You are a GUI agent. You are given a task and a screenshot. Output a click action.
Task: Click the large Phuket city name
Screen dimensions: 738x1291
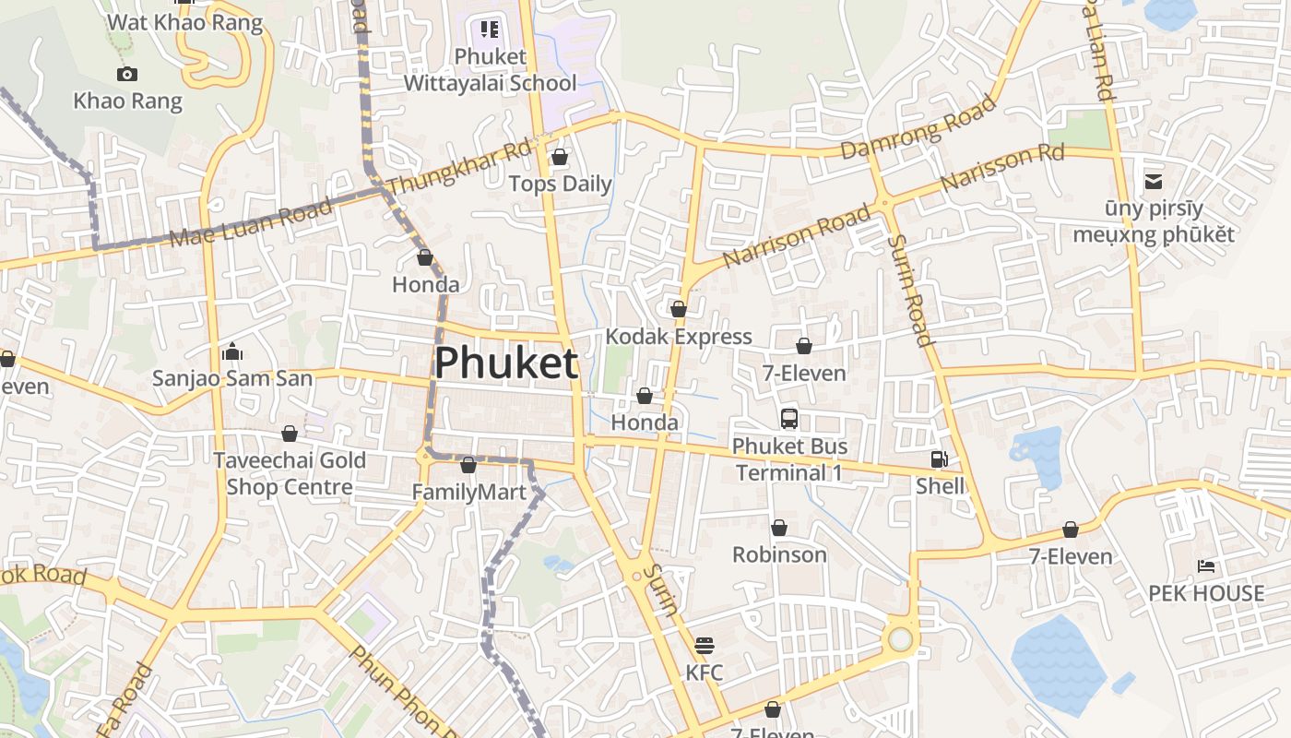pyautogui.click(x=506, y=363)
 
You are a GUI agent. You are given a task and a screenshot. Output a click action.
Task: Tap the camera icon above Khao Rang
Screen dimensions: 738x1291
pyautogui.click(x=127, y=75)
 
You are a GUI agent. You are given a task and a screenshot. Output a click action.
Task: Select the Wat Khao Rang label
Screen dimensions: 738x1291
pyautogui.click(x=184, y=22)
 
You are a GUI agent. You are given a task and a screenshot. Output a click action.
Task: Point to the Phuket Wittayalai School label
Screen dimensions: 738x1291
pyautogui.click(x=490, y=70)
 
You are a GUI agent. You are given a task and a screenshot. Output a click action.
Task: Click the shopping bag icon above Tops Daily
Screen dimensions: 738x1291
pyautogui.click(x=559, y=158)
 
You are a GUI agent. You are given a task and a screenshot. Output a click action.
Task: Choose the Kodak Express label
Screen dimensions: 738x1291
pyautogui.click(x=679, y=337)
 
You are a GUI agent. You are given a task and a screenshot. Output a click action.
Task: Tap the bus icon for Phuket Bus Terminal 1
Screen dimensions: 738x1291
pyautogui.click(x=788, y=419)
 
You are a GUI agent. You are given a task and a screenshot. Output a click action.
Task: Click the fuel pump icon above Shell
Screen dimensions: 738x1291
pyautogui.click(x=940, y=458)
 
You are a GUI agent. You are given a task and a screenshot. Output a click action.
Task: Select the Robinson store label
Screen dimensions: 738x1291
pyautogui.click(x=779, y=554)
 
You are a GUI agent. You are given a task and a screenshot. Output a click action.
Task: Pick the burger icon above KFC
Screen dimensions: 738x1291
pyautogui.click(x=705, y=645)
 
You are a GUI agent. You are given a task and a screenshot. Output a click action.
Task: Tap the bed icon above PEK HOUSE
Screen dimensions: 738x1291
pyautogui.click(x=1205, y=566)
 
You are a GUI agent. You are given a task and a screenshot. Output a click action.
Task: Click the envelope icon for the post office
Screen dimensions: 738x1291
pyautogui.click(x=1153, y=182)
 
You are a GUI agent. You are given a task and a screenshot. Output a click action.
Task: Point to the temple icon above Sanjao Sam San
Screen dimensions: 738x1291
pyautogui.click(x=232, y=351)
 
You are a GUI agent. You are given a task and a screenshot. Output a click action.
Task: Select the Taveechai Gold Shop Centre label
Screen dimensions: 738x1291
pyautogui.click(x=290, y=473)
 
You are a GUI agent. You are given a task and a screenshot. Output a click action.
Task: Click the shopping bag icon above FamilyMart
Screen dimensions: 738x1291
pyautogui.click(x=468, y=466)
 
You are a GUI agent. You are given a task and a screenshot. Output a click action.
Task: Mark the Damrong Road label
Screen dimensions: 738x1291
pyautogui.click(x=919, y=126)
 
